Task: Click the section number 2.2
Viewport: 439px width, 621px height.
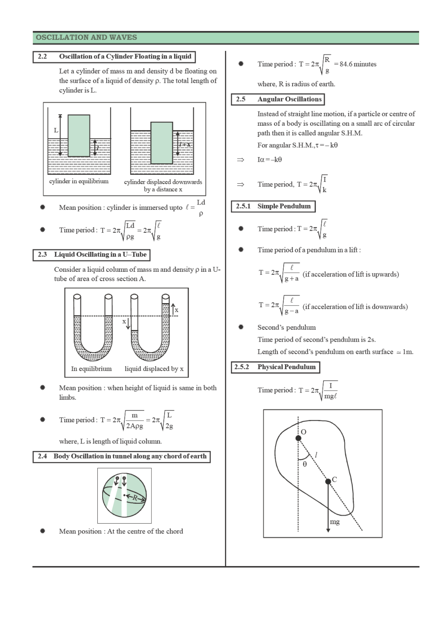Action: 42,57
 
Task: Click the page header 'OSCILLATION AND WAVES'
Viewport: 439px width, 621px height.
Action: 86,38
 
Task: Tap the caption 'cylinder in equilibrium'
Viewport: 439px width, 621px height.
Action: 79,181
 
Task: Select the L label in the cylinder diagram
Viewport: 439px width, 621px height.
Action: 56,130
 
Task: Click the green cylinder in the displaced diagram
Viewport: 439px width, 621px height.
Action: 162,143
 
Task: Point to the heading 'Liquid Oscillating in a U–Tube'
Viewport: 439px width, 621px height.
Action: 100,255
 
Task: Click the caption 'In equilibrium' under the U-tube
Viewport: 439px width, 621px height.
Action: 91,369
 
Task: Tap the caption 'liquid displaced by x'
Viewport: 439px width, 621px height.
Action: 154,369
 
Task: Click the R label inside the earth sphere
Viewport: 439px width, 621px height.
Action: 135,498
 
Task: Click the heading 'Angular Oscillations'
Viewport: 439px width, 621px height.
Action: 289,99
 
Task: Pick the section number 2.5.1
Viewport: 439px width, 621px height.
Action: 243,206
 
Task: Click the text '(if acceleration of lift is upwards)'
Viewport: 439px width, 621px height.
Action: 350,274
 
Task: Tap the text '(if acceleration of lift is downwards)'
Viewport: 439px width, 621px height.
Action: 355,307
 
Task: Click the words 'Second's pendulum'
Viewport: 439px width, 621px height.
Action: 286,328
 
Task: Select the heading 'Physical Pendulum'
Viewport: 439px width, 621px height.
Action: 286,367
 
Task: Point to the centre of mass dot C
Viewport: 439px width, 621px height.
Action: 328,481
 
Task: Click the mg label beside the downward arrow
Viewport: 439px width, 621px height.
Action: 335,522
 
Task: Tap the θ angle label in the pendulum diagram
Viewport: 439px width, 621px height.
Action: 304,464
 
